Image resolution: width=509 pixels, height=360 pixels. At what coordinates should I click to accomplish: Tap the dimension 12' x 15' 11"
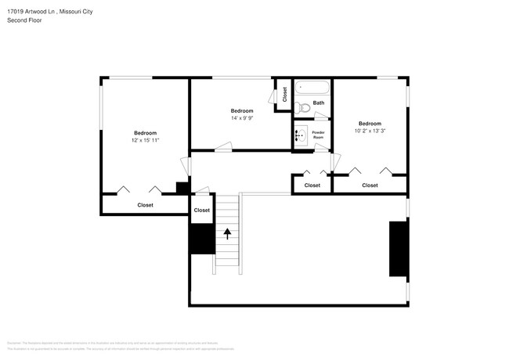pyautogui.click(x=145, y=141)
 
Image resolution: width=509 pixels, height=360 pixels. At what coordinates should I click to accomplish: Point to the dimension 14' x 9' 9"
pyautogui.click(x=241, y=119)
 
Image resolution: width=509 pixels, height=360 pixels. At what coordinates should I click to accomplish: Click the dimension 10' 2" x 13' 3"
pyautogui.click(x=370, y=131)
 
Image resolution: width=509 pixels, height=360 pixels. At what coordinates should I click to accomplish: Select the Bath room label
pyautogui.click(x=319, y=103)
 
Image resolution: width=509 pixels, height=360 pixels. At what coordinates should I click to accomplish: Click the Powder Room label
pyautogui.click(x=319, y=135)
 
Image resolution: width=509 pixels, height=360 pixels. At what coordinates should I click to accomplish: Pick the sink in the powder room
pyautogui.click(x=301, y=135)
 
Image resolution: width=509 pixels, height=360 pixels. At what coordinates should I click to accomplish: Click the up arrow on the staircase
pyautogui.click(x=227, y=232)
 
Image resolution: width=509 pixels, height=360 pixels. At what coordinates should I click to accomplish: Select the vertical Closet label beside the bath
pyautogui.click(x=284, y=95)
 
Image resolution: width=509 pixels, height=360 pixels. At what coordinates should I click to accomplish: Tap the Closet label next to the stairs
pyautogui.click(x=202, y=211)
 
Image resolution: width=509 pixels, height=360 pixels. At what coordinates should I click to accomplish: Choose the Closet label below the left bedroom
pyautogui.click(x=145, y=205)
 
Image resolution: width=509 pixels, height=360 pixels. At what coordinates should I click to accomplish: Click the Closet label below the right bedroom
pyautogui.click(x=370, y=185)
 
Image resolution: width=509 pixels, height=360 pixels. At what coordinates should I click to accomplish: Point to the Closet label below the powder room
pyautogui.click(x=312, y=185)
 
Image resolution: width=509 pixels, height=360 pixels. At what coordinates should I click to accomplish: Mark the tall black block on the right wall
pyautogui.click(x=399, y=249)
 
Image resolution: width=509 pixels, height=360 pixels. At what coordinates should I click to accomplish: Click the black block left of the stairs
pyautogui.click(x=201, y=239)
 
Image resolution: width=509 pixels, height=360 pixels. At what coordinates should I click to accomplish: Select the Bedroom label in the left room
pyautogui.click(x=145, y=133)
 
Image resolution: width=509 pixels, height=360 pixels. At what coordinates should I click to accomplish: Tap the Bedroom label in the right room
pyautogui.click(x=370, y=124)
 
